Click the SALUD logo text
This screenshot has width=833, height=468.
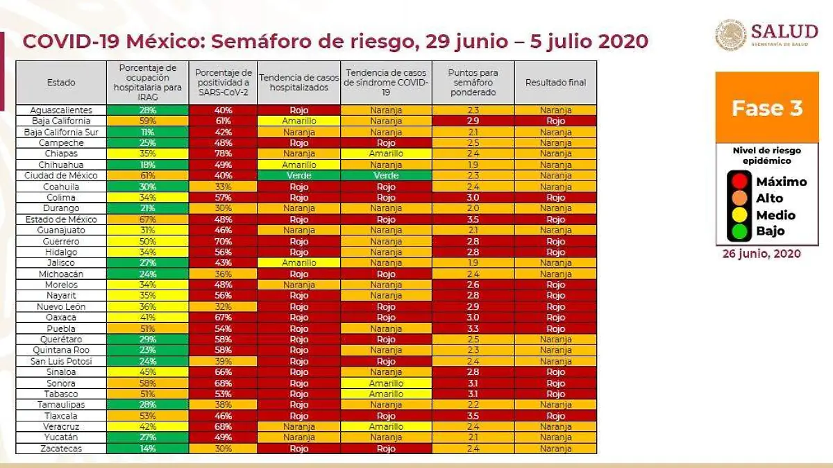pyautogui.click(x=784, y=31)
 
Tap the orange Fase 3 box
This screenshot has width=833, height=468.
pyautogui.click(x=766, y=108)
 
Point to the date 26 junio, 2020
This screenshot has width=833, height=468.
pyautogui.click(x=762, y=254)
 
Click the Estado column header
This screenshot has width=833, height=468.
pyautogui.click(x=61, y=83)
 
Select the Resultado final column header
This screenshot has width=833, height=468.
pyautogui.click(x=555, y=83)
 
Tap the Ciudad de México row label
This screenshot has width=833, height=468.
pyautogui.click(x=61, y=176)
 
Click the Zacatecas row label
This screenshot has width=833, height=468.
pyautogui.click(x=61, y=449)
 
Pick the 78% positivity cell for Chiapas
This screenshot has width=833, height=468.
pyautogui.click(x=222, y=153)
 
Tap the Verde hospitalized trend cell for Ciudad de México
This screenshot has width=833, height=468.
pyautogui.click(x=298, y=176)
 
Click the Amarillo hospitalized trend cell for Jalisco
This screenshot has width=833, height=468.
pyautogui.click(x=298, y=263)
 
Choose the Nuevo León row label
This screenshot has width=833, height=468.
pyautogui.click(x=61, y=307)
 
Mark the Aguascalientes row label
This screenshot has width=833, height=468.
pyautogui.click(x=61, y=110)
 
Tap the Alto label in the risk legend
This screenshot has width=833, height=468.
pyautogui.click(x=770, y=198)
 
